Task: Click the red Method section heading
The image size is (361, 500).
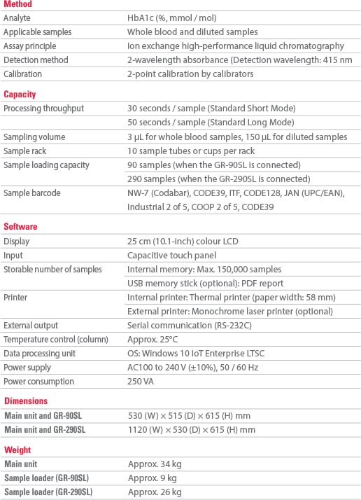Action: pyautogui.click(x=17, y=4)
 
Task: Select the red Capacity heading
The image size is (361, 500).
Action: pyautogui.click(x=20, y=95)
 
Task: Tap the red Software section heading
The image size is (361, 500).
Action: pyautogui.click(x=20, y=227)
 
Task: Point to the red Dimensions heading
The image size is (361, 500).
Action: pyautogui.click(x=26, y=401)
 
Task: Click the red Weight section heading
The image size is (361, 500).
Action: pyautogui.click(x=17, y=450)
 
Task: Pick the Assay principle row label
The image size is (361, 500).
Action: pyautogui.click(x=29, y=46)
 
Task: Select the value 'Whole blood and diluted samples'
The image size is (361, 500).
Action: pyautogui.click(x=192, y=32)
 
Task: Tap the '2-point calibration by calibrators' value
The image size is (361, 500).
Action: pyautogui.click(x=190, y=74)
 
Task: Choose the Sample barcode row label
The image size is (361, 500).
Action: pyautogui.click(x=31, y=193)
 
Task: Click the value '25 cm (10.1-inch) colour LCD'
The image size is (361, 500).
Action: pyautogui.click(x=183, y=241)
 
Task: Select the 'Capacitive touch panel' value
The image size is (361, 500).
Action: pyautogui.click(x=171, y=255)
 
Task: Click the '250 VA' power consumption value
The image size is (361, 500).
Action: pyautogui.click(x=140, y=381)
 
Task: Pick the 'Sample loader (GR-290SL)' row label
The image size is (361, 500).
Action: pyautogui.click(x=47, y=492)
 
